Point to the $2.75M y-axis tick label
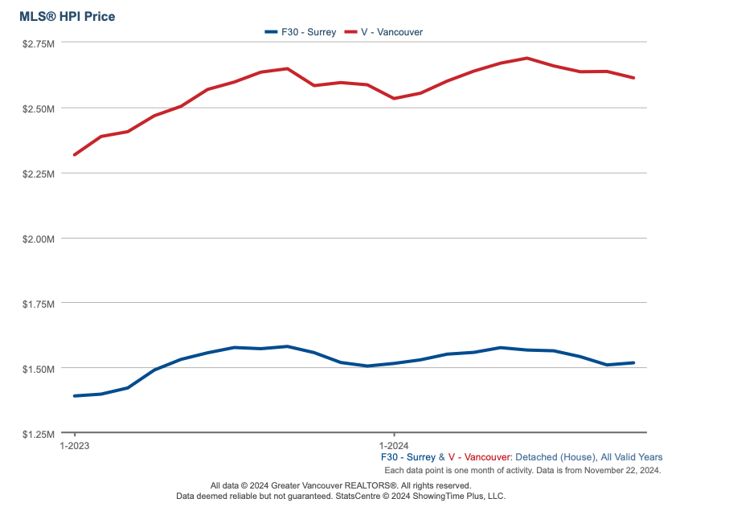coord(38,43)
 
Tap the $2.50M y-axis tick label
coord(38,108)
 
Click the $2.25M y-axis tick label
coord(38,174)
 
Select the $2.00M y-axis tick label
coord(38,239)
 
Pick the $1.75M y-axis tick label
coord(38,304)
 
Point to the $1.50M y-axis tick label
coord(38,369)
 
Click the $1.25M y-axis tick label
coord(38,434)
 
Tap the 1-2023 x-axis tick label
coord(75,444)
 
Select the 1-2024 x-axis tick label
coord(394,444)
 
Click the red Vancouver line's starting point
coord(75,154)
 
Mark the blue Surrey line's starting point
coord(75,396)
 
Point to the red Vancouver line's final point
coord(634,78)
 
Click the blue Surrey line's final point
coord(634,363)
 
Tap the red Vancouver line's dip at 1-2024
coord(394,98)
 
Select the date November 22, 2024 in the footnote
coord(624,470)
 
